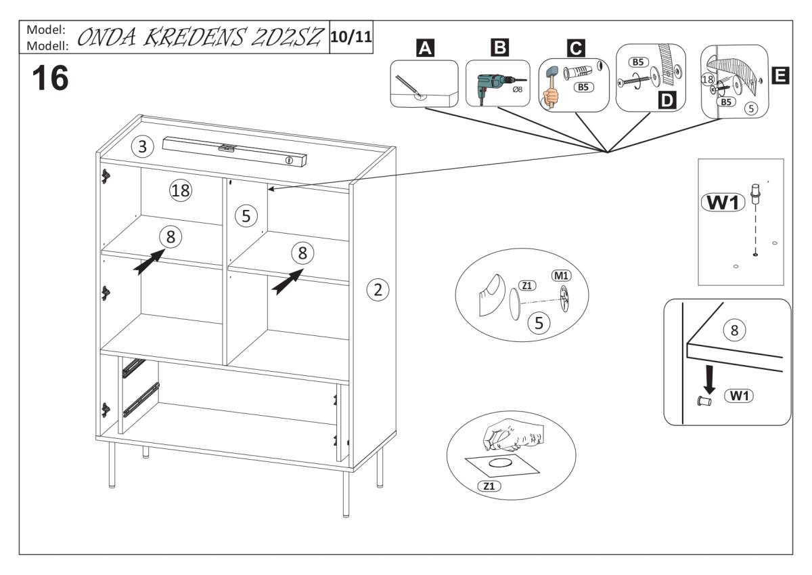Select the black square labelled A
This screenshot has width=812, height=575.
(x=425, y=47)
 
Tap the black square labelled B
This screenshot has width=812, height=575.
(x=499, y=47)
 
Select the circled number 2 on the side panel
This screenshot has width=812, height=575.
(x=378, y=290)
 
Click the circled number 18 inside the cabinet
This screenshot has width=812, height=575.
(x=180, y=191)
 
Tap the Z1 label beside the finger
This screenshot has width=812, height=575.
(x=526, y=286)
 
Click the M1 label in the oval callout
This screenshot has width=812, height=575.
(x=561, y=276)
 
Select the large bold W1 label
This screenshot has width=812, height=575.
(x=723, y=203)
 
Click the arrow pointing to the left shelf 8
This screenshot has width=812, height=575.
(x=149, y=262)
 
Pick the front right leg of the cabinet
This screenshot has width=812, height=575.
(x=346, y=494)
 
